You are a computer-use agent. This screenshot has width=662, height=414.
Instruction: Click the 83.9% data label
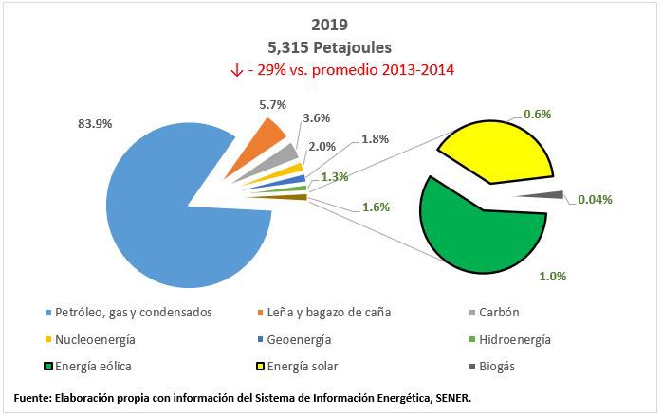click(93, 124)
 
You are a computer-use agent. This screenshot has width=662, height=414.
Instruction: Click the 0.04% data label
click(595, 200)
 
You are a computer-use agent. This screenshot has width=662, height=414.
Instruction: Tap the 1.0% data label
click(552, 277)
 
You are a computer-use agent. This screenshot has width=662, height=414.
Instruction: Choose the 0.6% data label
click(538, 114)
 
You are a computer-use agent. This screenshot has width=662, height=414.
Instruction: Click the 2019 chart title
click(329, 26)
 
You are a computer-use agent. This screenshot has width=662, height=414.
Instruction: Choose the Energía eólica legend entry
click(95, 367)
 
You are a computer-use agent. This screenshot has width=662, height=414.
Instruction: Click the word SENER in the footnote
click(446, 397)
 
